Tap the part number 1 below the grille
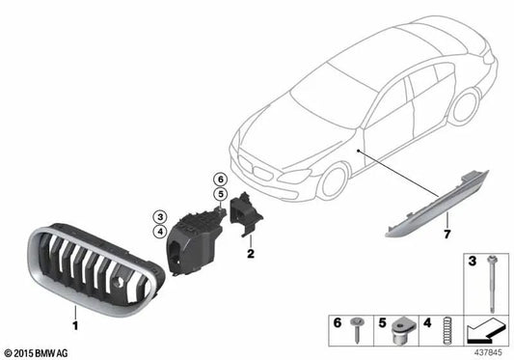(73, 314)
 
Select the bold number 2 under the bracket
(251, 255)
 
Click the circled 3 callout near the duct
(159, 216)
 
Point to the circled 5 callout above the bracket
(219, 193)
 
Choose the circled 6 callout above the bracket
(219, 180)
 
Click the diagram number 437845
(487, 352)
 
